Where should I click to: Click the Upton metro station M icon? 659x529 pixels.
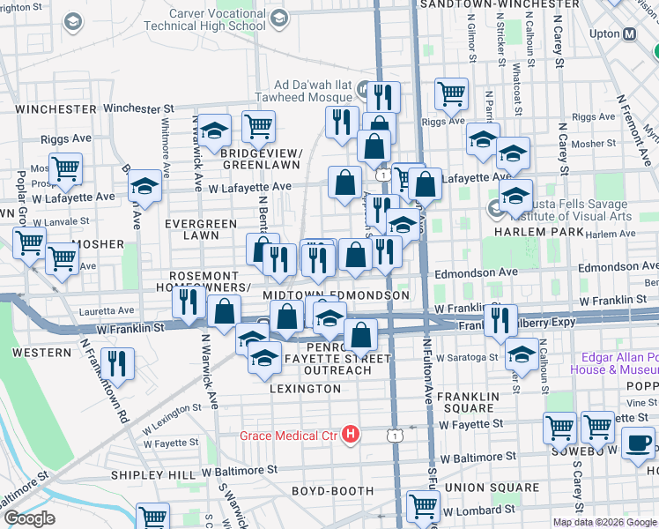click(630, 34)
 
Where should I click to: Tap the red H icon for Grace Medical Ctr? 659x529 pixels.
click(352, 435)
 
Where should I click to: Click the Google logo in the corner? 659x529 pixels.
click(29, 518)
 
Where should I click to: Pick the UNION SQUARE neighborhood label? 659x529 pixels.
click(492, 488)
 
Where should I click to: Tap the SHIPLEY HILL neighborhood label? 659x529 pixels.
click(153, 475)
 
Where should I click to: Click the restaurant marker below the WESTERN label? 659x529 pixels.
click(116, 362)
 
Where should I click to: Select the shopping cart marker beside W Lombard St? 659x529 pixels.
click(424, 506)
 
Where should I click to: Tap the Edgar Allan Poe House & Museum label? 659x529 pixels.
click(618, 363)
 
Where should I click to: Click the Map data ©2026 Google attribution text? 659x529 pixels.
click(604, 522)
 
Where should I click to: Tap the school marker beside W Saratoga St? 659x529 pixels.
click(522, 356)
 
